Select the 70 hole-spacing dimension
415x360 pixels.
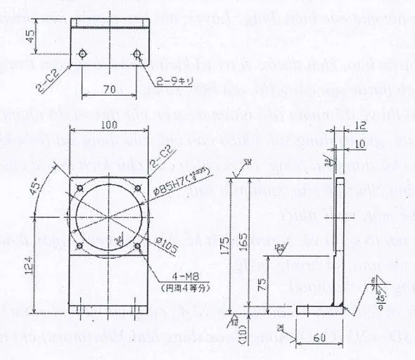click(110, 89)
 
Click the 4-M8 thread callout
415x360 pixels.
click(174, 275)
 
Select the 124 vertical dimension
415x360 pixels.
click(48, 266)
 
